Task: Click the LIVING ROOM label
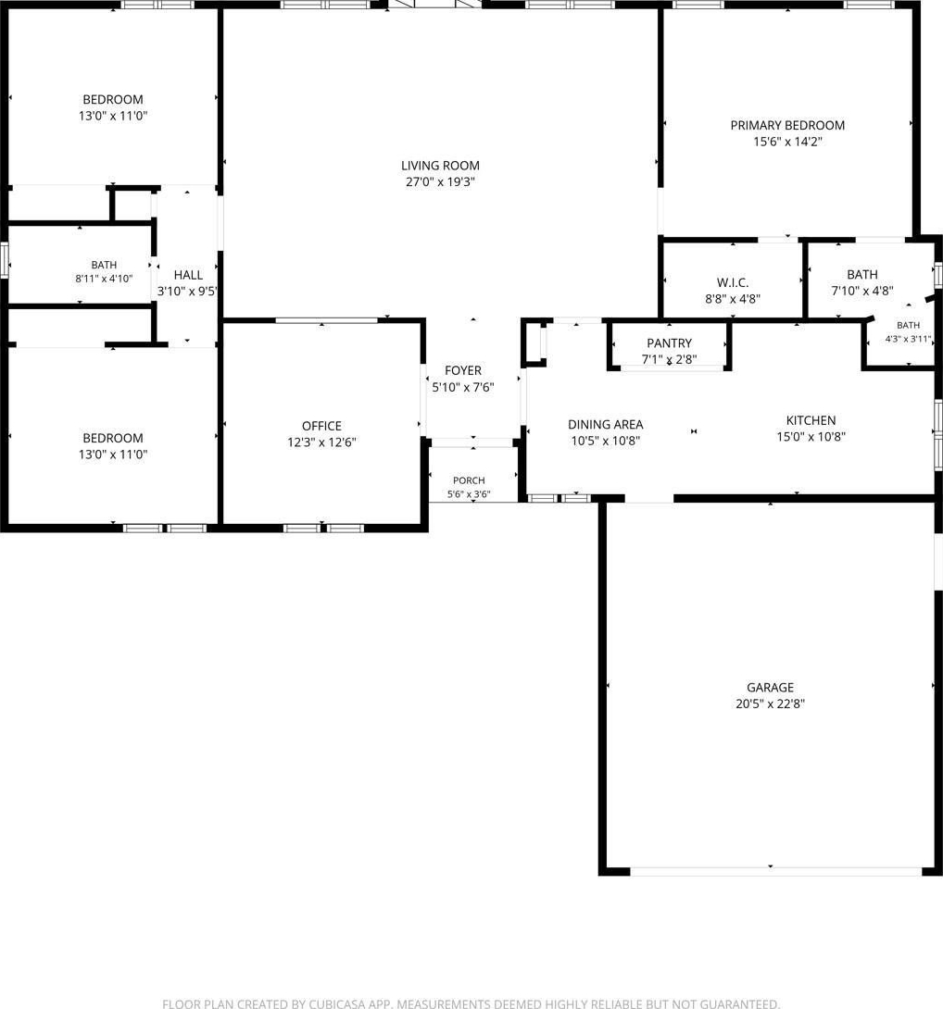[x=440, y=166]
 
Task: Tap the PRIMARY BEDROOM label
[x=787, y=126]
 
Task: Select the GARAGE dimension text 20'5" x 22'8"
[x=771, y=704]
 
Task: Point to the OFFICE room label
[x=321, y=426]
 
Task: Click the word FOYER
[x=463, y=370]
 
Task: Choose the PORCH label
[x=469, y=480]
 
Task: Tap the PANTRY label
[x=669, y=343]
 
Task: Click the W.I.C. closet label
[x=733, y=282]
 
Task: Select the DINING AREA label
[x=606, y=425]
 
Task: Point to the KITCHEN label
[x=811, y=421]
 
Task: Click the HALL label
[x=188, y=276]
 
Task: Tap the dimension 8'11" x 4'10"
[x=104, y=279]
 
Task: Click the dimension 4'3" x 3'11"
[x=908, y=339]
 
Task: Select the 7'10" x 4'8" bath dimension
[x=862, y=291]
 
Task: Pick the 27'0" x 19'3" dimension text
[x=440, y=182]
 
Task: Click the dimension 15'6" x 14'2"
[x=787, y=142]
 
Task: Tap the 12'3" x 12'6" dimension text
[x=321, y=442]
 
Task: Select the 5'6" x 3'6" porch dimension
[x=469, y=494]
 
